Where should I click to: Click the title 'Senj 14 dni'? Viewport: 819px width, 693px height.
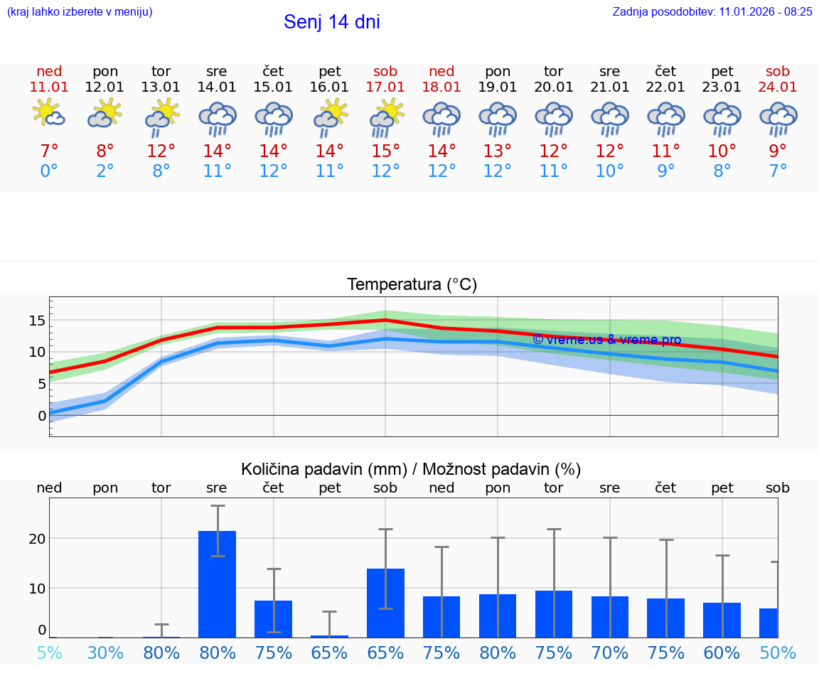click(x=331, y=22)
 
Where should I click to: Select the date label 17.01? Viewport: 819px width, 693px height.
click(x=385, y=87)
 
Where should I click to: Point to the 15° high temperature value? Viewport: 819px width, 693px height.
click(x=385, y=151)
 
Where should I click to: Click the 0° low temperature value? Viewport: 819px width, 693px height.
click(x=49, y=171)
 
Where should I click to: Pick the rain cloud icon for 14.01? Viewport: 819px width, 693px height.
click(x=218, y=118)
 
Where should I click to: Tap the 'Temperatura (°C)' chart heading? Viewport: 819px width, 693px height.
click(x=412, y=285)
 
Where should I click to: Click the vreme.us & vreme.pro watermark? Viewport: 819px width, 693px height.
click(x=606, y=340)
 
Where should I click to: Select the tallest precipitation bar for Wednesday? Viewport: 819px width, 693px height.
click(x=218, y=584)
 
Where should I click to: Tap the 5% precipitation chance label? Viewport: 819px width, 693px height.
click(x=49, y=652)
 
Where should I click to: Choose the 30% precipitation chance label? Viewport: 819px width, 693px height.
click(x=105, y=652)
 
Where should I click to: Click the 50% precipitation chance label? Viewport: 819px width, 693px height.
click(x=778, y=652)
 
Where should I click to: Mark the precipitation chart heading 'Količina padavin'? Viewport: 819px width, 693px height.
click(x=411, y=469)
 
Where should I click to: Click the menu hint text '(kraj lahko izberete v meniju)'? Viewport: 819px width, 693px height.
click(x=80, y=11)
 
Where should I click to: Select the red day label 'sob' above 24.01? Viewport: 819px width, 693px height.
click(x=778, y=71)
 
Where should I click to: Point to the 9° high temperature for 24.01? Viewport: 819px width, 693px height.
click(x=778, y=151)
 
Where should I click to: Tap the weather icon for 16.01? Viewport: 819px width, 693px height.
click(x=330, y=117)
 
